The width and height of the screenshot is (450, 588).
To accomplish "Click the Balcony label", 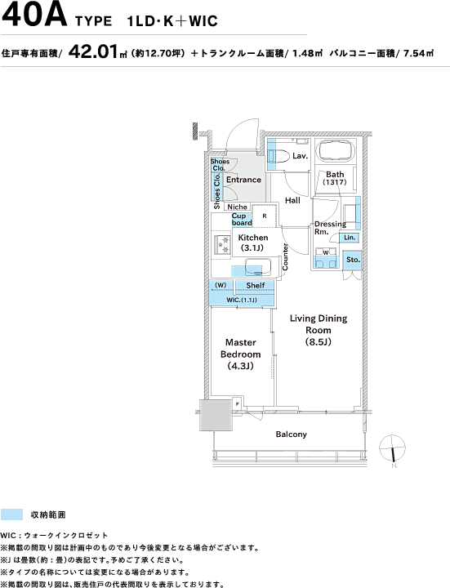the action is point(291,434).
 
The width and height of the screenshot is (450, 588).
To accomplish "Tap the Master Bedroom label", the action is point(240,354).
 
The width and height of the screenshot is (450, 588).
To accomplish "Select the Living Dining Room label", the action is point(319,330).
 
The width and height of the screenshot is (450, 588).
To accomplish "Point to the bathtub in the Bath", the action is point(335,151).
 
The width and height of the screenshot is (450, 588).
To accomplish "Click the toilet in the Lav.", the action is point(278,155).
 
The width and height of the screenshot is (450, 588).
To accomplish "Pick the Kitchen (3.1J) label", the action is point(253,243).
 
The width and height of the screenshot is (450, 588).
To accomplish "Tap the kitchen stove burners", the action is point(222,244).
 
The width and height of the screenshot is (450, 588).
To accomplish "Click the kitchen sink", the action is point(257,267).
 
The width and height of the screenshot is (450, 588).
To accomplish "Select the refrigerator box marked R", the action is point(265,216).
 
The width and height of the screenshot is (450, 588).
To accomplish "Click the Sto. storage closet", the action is point(353,260).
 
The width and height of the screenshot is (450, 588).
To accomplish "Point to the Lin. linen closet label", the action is point(349,238).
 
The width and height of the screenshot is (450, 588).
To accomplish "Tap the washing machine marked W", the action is point(326,252).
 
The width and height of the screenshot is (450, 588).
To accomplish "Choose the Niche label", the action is point(237,207).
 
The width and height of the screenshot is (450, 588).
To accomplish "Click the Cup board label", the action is point(242,220).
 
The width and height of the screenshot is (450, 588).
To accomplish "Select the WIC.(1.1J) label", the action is point(242,300).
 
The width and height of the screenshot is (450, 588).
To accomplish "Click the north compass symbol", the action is point(392,449).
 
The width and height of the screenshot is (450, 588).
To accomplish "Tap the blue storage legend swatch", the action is point(11,514).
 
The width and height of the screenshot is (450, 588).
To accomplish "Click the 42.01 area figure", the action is point(93,51).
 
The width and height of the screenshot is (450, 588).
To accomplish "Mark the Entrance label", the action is point(243,180).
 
